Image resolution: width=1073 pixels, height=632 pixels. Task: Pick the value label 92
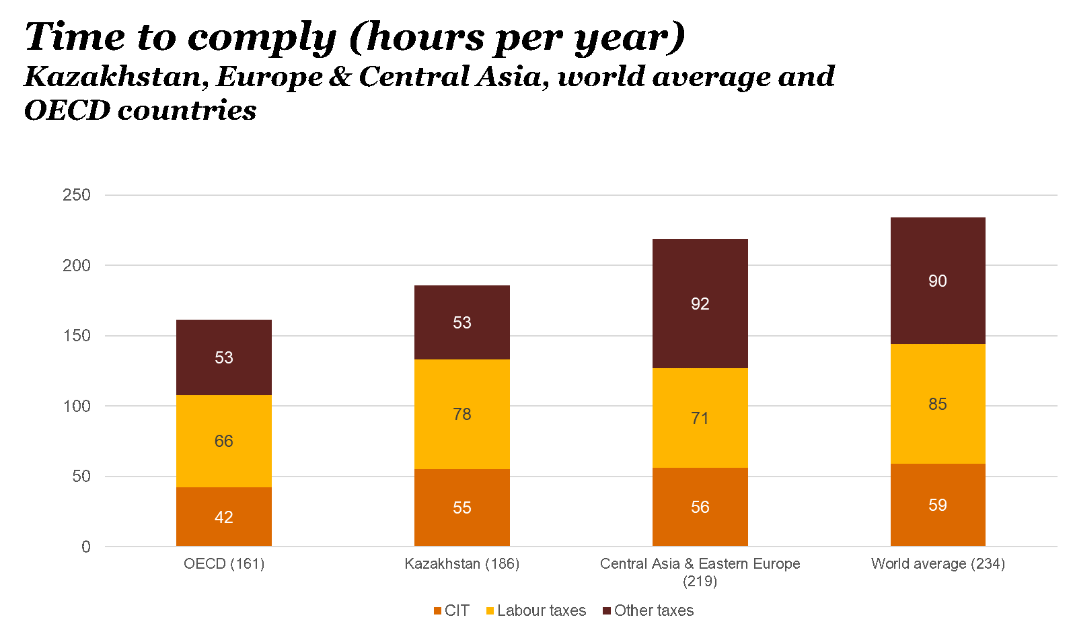tap(700, 304)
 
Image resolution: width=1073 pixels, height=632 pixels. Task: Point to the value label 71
tap(700, 419)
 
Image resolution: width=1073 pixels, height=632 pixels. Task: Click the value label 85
tap(937, 405)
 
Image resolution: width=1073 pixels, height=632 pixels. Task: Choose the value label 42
tap(223, 518)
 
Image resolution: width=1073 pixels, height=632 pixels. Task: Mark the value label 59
tap(937, 505)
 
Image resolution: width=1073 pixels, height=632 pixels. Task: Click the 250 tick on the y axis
tap(77, 195)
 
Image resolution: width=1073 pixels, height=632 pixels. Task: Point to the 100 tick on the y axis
tap(77, 406)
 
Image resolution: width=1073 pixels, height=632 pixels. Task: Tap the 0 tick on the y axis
tap(86, 547)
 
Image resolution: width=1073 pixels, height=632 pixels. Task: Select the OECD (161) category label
tap(224, 564)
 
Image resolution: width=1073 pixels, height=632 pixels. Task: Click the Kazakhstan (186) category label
tap(461, 564)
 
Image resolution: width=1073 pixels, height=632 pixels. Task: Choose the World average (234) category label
tap(938, 564)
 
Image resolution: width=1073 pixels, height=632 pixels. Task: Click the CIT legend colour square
tap(438, 611)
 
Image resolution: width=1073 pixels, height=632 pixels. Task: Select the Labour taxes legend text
tap(542, 611)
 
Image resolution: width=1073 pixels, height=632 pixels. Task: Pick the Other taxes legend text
tap(653, 611)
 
